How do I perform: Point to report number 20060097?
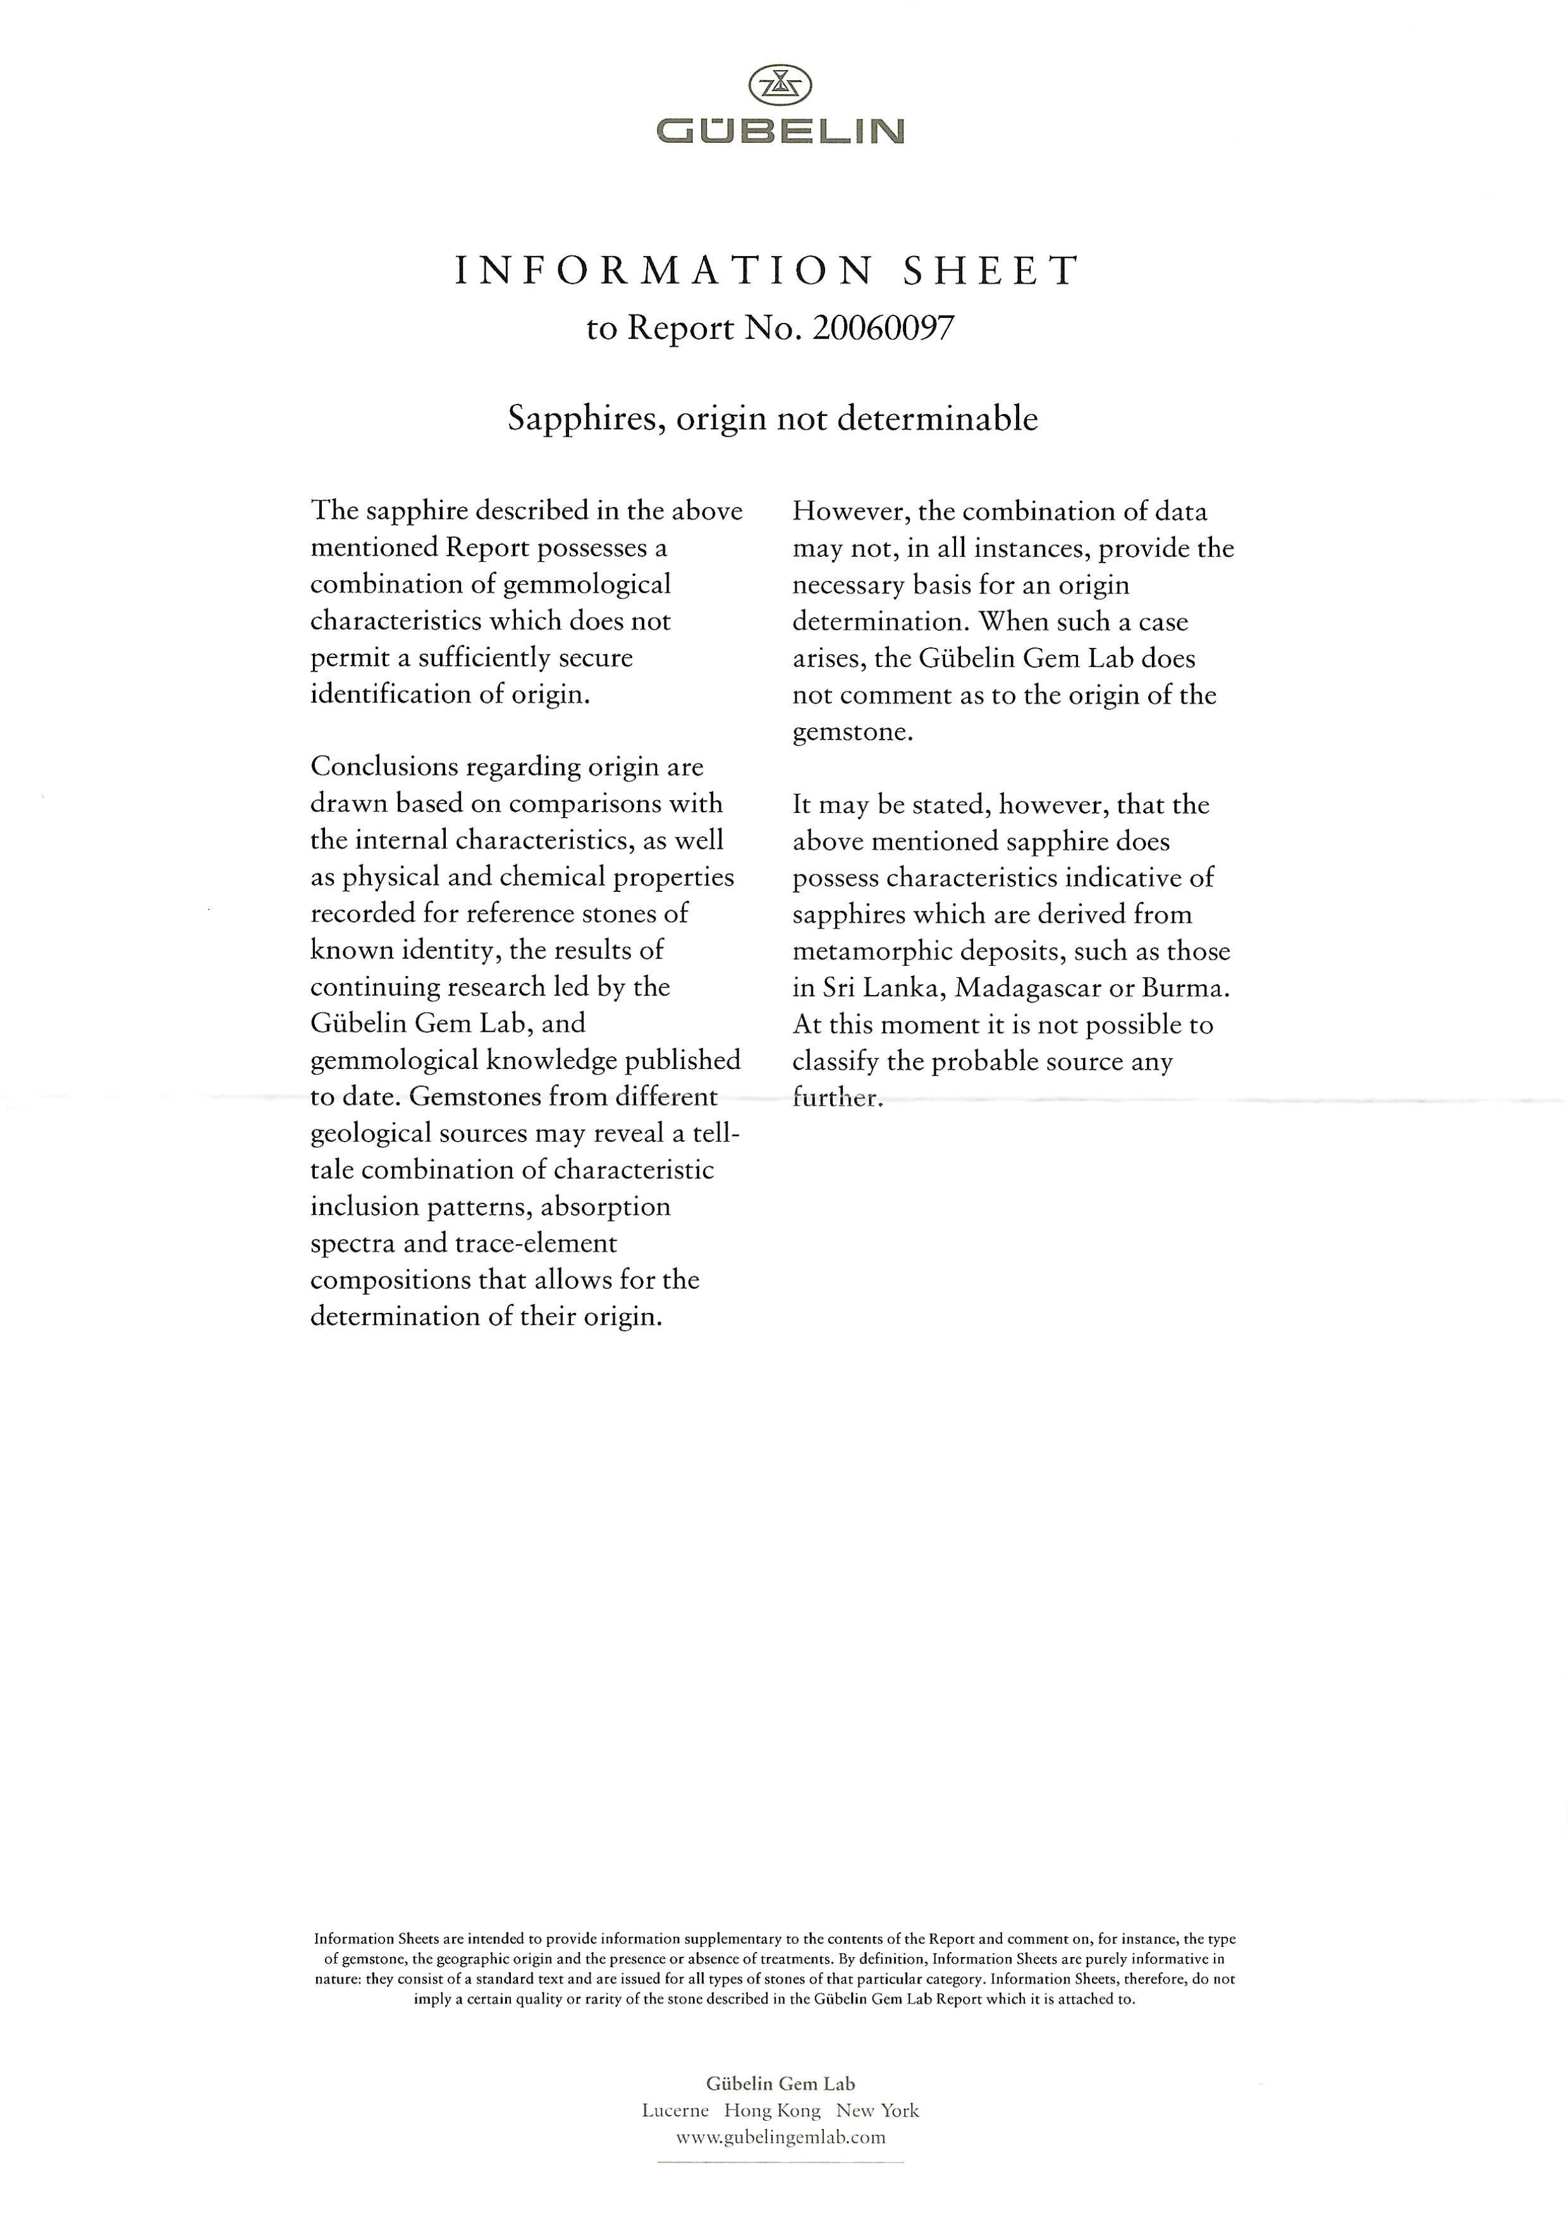click(883, 329)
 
